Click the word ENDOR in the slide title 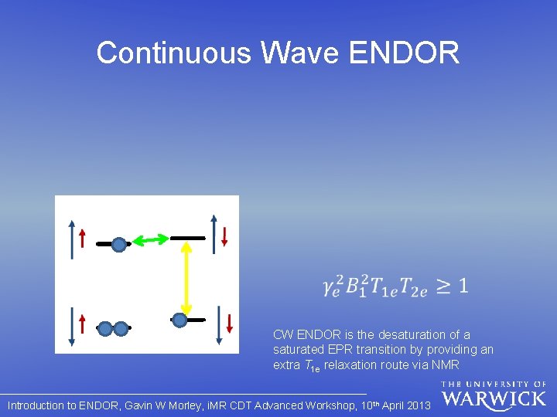pyautogui.click(x=405, y=53)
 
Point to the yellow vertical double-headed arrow pyautogui.click(x=186, y=278)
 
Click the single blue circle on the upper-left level pyautogui.click(x=118, y=245)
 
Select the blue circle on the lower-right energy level pyautogui.click(x=179, y=320)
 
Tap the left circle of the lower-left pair pyautogui.click(x=106, y=328)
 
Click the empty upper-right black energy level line pyautogui.click(x=188, y=238)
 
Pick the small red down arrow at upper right pyautogui.click(x=224, y=236)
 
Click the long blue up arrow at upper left pyautogui.click(x=72, y=239)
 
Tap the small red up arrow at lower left pyautogui.click(x=82, y=322)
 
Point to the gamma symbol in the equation pyautogui.click(x=330, y=288)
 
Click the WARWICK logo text pyautogui.click(x=494, y=399)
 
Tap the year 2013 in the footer pyautogui.click(x=418, y=405)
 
